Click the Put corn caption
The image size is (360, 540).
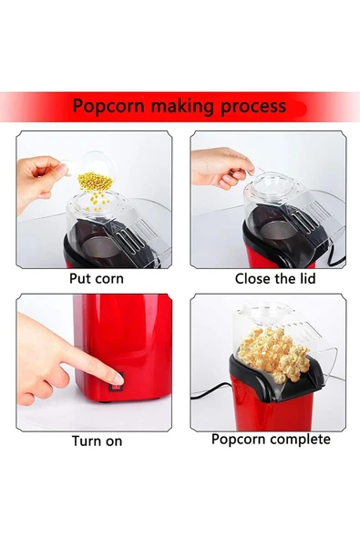tap(97, 278)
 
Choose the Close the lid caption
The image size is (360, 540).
tap(275, 278)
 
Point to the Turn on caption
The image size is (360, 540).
tap(97, 441)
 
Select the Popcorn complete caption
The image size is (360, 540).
tap(271, 440)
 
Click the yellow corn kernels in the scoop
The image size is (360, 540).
tap(93, 182)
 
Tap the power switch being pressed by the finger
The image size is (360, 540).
tap(116, 383)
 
